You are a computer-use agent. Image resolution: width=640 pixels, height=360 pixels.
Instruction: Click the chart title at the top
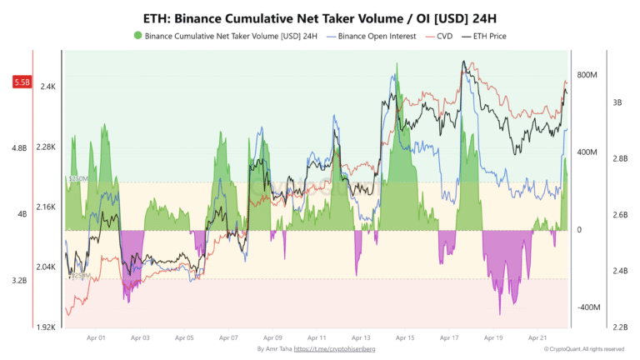pos(319,17)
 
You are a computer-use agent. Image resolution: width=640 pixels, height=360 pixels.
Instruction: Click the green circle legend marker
pos(137,37)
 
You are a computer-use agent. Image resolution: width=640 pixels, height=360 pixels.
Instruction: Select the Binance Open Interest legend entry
pos(372,37)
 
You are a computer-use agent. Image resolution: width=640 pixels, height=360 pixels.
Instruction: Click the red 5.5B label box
pos(22,82)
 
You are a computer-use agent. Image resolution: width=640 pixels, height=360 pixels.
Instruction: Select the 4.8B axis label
pos(18,148)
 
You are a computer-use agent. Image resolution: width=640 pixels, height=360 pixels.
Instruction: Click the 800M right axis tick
pos(588,75)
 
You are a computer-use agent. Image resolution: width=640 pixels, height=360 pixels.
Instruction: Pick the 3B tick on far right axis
pos(617,102)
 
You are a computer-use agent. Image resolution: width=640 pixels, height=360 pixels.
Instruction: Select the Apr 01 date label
pos(96,338)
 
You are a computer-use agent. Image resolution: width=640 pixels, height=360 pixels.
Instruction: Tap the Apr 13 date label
pos(361,338)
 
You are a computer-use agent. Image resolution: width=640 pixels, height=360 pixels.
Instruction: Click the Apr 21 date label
pos(537,338)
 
